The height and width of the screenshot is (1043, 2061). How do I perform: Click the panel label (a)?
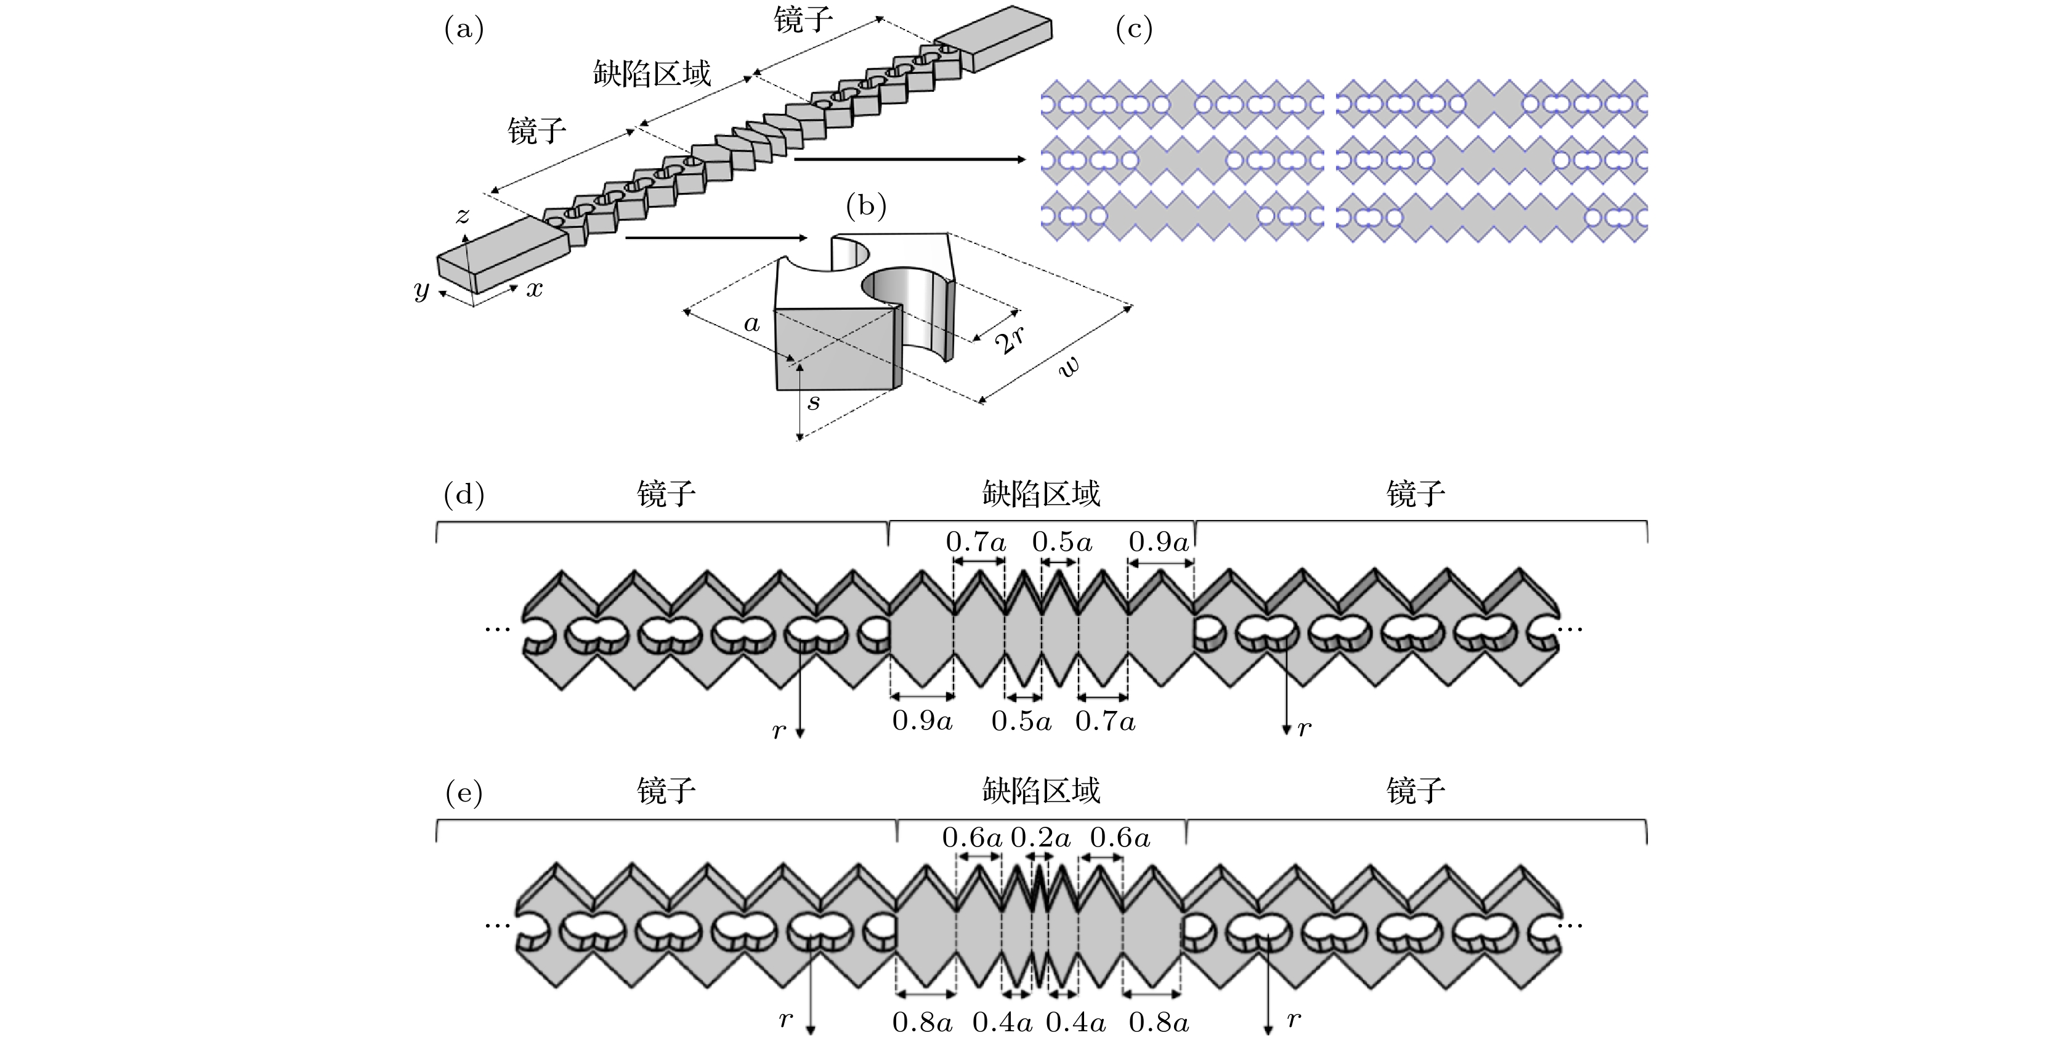[x=464, y=30]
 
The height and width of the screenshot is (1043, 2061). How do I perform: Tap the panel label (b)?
[x=865, y=206]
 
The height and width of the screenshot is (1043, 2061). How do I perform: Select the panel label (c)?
[x=1134, y=30]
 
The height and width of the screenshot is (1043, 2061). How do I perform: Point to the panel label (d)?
[x=464, y=495]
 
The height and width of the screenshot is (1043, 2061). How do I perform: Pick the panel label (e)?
[x=464, y=792]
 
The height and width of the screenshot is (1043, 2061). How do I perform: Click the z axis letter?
[x=463, y=216]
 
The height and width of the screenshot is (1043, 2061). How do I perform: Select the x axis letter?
[x=535, y=289]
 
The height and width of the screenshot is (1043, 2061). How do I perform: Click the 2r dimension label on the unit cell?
[x=1010, y=339]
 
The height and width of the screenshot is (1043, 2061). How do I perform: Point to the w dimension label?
[x=1069, y=367]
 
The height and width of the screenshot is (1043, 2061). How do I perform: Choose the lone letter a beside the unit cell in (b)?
[x=751, y=323]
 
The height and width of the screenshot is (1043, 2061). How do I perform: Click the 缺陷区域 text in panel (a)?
[x=652, y=74]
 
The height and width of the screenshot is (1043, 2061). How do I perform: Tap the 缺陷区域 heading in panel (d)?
[x=1041, y=494]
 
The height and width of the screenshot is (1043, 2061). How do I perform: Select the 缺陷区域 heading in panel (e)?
[x=1041, y=791]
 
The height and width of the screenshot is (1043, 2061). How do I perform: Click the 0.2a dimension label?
[x=1040, y=838]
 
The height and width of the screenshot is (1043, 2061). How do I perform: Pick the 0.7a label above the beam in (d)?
[x=975, y=542]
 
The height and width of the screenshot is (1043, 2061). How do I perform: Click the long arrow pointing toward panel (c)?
[x=910, y=160]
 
